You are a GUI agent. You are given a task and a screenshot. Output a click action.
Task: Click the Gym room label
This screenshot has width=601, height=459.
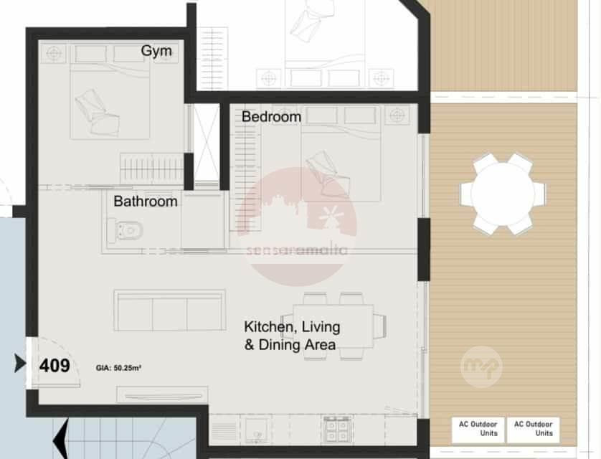pyautogui.click(x=156, y=51)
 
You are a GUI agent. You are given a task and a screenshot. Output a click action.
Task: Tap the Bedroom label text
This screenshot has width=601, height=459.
pyautogui.click(x=271, y=117)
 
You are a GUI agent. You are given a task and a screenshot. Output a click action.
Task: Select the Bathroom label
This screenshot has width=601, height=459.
pyautogui.click(x=146, y=202)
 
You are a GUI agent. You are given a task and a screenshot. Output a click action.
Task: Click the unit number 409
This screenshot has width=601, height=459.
pyautogui.click(x=55, y=366)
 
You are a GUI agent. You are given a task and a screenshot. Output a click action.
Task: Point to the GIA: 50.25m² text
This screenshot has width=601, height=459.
pyautogui.click(x=118, y=368)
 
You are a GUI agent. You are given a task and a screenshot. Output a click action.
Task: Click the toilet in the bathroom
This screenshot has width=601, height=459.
pyautogui.click(x=126, y=231)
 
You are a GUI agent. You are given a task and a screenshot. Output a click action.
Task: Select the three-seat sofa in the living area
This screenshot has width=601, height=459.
pyautogui.click(x=169, y=311)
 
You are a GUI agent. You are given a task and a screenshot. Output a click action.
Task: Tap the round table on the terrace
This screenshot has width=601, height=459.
pyautogui.click(x=503, y=194)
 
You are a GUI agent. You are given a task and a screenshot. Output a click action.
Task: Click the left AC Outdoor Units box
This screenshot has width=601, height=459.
pyautogui.click(x=478, y=430)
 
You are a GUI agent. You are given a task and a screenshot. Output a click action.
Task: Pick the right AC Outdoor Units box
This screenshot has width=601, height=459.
pyautogui.click(x=533, y=430)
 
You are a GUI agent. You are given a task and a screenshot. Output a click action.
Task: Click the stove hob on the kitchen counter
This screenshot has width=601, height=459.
pyautogui.click(x=337, y=430)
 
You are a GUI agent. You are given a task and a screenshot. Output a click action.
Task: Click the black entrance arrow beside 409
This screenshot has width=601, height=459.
pyautogui.click(x=20, y=363)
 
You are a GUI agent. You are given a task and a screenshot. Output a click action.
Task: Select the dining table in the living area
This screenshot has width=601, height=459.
pyautogui.click(x=333, y=326)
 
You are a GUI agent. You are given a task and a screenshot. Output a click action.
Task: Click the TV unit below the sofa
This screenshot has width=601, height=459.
pyautogui.click(x=162, y=395)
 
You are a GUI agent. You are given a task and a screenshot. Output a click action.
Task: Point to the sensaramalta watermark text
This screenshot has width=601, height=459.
pyautogui.click(x=297, y=250)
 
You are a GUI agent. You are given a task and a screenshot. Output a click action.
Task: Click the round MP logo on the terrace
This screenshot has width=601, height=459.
pyautogui.click(x=481, y=367)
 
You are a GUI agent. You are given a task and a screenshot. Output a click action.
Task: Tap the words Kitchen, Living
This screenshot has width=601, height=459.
pyautogui.click(x=292, y=327)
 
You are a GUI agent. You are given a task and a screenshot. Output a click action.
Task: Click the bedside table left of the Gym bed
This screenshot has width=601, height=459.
pyautogui.click(x=54, y=53)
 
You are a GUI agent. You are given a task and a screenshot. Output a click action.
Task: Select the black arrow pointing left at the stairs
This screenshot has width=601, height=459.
pyautogui.click(x=60, y=439)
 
